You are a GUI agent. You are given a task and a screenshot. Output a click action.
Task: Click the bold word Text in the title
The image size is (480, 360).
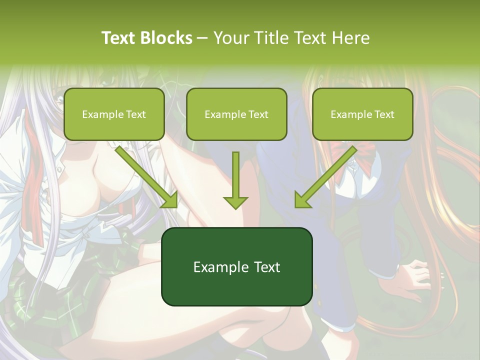pos(119,38)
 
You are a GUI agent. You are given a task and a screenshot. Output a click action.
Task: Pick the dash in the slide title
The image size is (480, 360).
pos(203,38)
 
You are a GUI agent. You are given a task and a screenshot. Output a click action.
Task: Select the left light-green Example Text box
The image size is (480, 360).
pos(114,114)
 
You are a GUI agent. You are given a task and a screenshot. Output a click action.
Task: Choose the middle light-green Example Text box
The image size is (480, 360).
pos(236,114)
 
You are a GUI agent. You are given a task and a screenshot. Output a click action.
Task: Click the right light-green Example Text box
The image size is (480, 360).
pos(362,114)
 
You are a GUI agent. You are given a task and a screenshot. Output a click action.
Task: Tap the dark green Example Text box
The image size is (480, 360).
pos(236,266)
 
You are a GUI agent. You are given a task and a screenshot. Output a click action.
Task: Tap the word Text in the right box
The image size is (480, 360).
pos(383,114)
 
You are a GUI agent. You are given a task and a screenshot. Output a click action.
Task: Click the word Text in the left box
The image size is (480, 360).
pos(135,114)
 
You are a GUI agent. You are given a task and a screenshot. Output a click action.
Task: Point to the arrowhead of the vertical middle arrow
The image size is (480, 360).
pos(235,201)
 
